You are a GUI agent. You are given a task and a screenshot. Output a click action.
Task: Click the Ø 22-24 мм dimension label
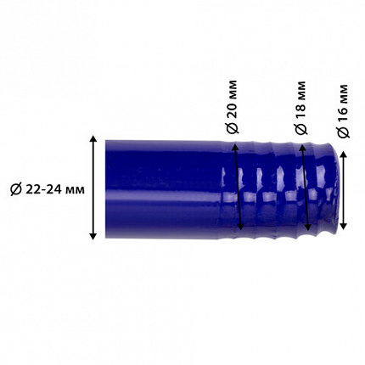48,189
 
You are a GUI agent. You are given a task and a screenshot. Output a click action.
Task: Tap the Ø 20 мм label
233,107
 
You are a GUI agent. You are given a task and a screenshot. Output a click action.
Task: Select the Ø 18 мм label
300,108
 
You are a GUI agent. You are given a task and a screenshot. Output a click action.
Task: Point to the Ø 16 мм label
344,111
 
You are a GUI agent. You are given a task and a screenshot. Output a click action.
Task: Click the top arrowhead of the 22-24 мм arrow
93,138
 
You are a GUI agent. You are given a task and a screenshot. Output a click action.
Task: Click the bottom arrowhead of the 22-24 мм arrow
93,236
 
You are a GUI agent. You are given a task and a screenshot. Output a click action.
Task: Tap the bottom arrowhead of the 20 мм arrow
240,227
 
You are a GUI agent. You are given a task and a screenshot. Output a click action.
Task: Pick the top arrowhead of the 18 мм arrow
301,148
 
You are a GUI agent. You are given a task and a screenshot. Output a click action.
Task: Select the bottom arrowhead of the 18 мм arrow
308,227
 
